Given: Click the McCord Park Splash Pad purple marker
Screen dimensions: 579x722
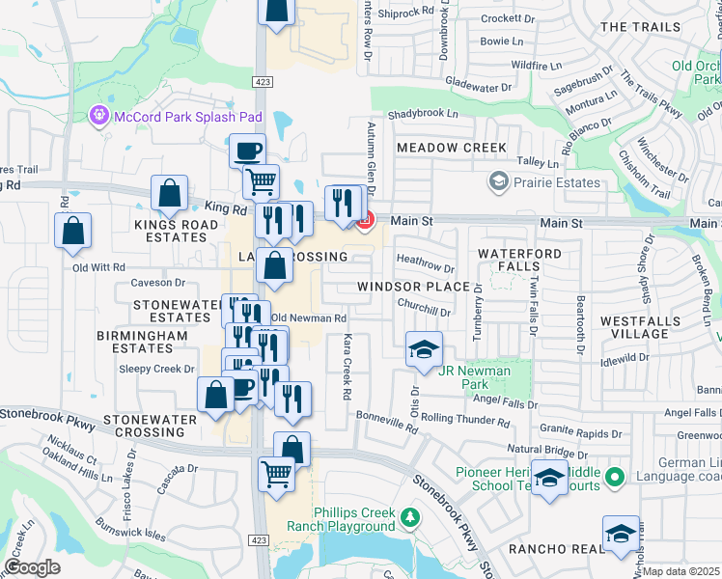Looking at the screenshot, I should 97,117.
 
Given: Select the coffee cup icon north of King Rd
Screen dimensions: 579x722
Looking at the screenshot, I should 247,151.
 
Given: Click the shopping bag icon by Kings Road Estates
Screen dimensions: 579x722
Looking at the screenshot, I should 170,193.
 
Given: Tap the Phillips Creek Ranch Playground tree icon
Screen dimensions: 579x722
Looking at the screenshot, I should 410,517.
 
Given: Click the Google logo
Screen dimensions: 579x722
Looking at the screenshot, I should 32,567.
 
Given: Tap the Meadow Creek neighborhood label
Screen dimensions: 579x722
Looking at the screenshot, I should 452,148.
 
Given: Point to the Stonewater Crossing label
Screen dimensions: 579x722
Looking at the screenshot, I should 151,427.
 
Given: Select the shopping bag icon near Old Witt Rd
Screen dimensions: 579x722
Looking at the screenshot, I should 72,232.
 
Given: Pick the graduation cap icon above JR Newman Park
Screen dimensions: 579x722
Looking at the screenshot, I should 423,350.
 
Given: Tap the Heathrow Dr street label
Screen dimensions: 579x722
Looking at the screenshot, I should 425,263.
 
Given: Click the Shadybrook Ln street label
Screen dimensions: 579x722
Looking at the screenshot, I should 423,114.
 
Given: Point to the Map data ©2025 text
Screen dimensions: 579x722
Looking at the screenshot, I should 680,571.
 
